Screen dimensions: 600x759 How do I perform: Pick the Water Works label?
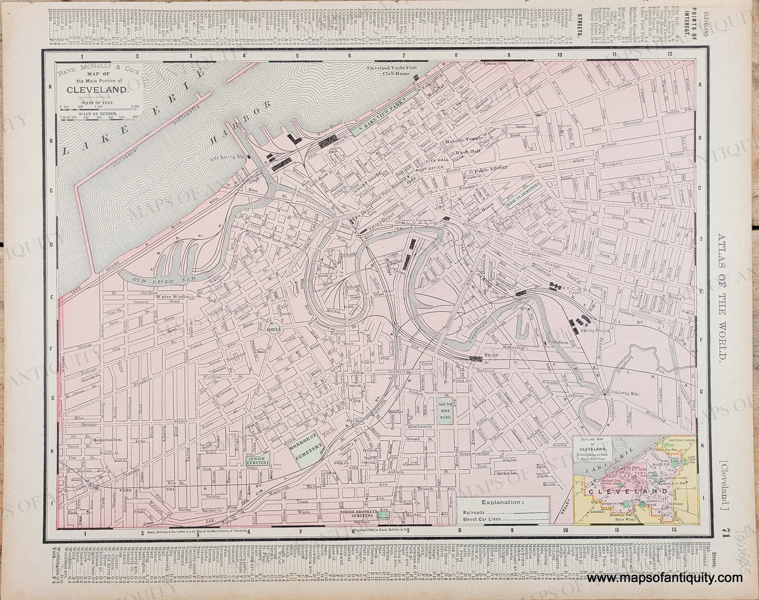169,296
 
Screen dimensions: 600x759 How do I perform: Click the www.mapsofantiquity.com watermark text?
664,578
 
